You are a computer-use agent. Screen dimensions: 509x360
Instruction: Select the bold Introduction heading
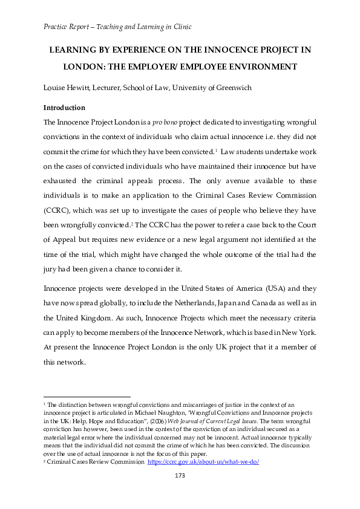click(x=64, y=108)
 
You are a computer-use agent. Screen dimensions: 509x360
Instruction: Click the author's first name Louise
click(x=56, y=88)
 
